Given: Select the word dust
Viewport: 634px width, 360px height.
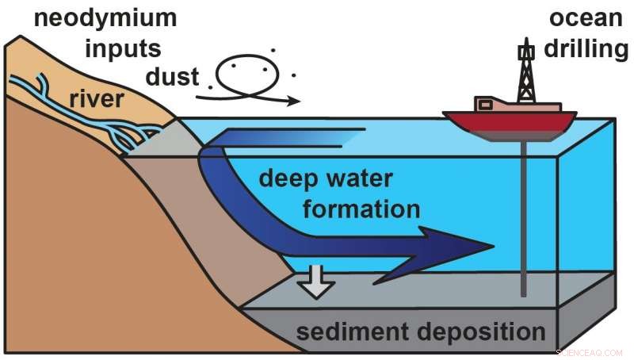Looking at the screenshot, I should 173,77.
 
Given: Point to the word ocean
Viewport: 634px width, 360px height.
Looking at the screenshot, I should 581,17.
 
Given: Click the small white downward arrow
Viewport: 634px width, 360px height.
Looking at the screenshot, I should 318,283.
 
